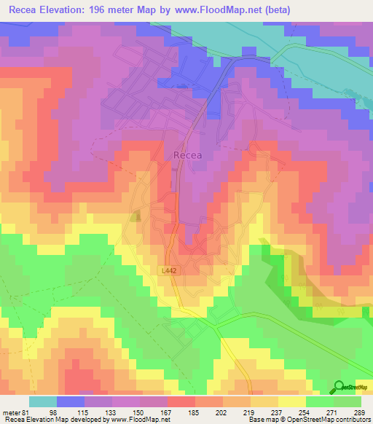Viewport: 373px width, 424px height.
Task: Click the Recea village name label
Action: point(187,154)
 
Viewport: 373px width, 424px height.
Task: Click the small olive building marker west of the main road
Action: point(135,216)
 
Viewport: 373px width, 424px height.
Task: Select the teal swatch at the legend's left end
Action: point(43,401)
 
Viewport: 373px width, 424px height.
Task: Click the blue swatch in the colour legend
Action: point(71,401)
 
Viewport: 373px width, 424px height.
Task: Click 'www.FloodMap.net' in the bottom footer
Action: point(138,420)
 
